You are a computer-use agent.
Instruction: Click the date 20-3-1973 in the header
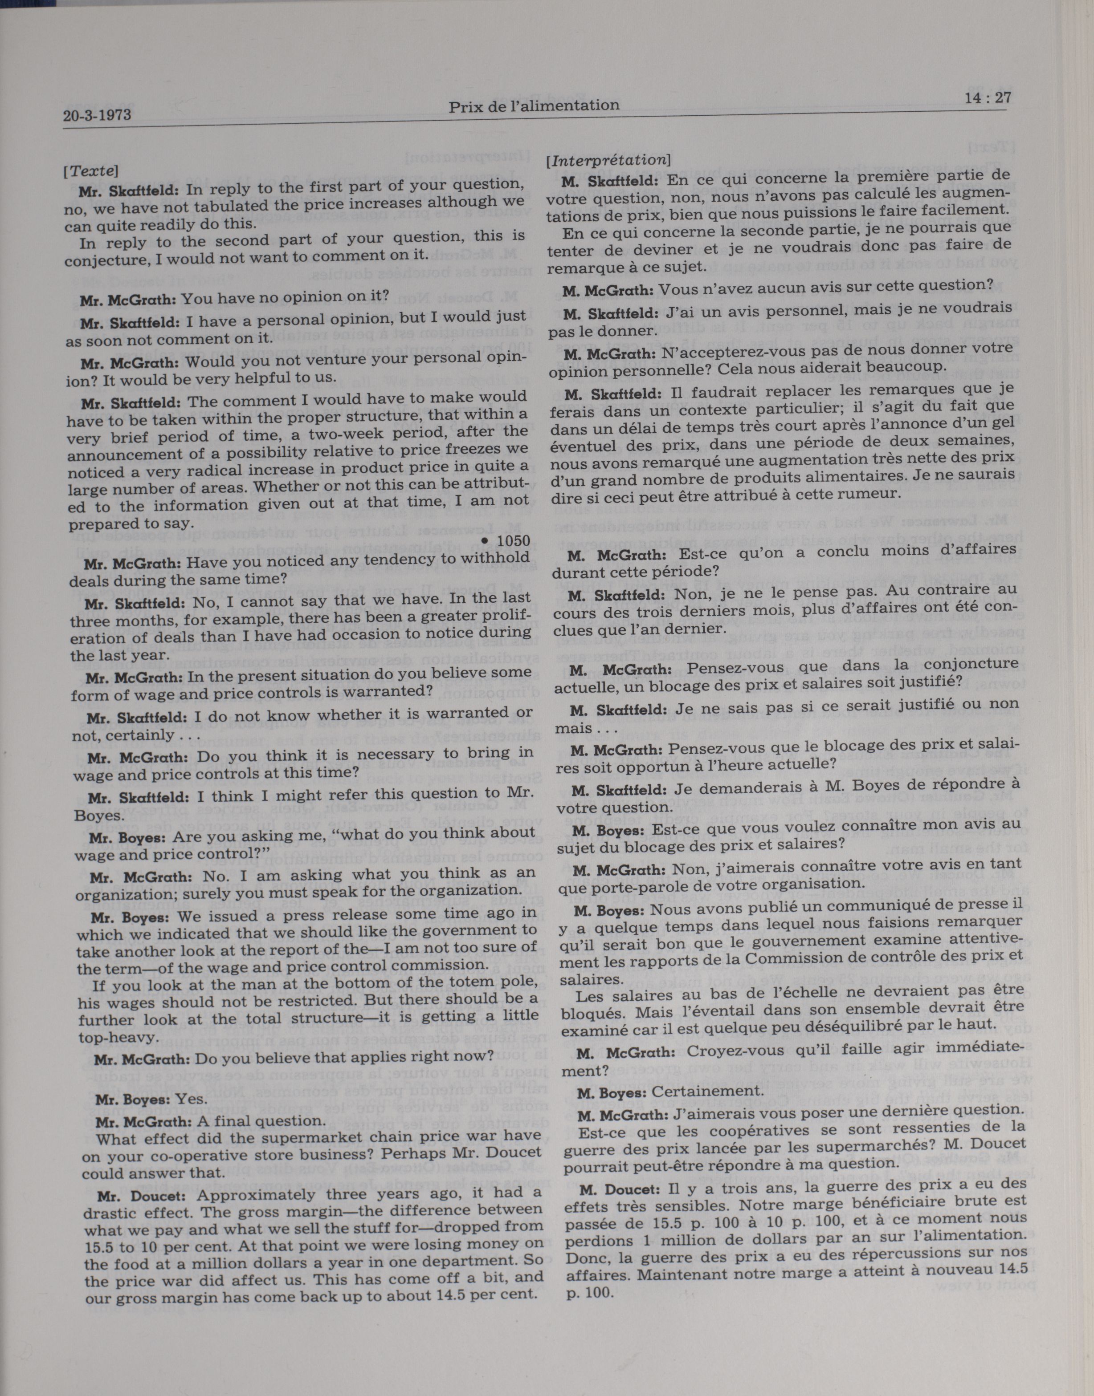[98, 115]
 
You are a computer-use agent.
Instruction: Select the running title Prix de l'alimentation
[534, 106]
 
